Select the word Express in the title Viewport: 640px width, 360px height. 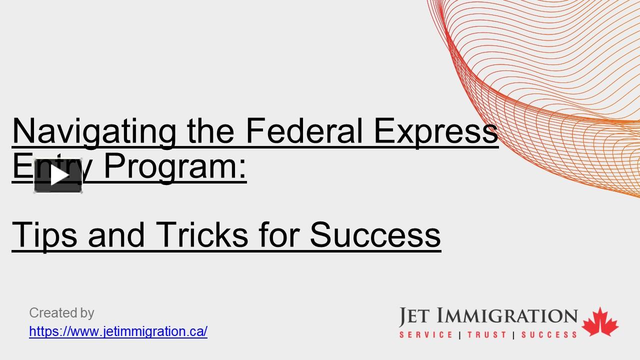click(436, 131)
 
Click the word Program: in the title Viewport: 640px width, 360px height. click(175, 166)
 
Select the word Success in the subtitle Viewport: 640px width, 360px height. click(375, 234)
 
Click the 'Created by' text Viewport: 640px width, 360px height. click(61, 313)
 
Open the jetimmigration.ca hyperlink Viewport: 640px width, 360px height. click(118, 331)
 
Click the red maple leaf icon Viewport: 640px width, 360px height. click(600, 322)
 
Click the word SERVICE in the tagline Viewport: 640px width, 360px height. click(426, 334)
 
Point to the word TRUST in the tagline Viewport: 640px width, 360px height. click(486, 334)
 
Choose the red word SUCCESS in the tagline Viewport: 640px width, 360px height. click(549, 334)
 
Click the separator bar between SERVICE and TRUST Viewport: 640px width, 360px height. click(459, 335)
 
